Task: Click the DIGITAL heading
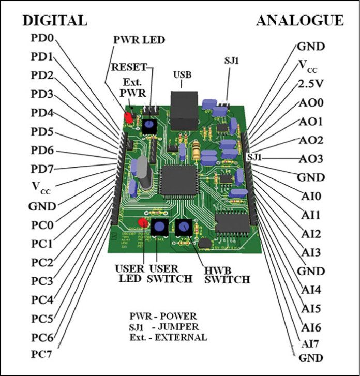(x=54, y=20)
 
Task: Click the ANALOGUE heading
(x=299, y=20)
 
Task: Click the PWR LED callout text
(x=136, y=40)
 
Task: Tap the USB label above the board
(x=182, y=75)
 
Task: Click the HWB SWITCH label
(x=227, y=275)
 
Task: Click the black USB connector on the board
(x=185, y=110)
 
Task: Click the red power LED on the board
(x=128, y=118)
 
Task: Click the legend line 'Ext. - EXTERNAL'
(x=168, y=337)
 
